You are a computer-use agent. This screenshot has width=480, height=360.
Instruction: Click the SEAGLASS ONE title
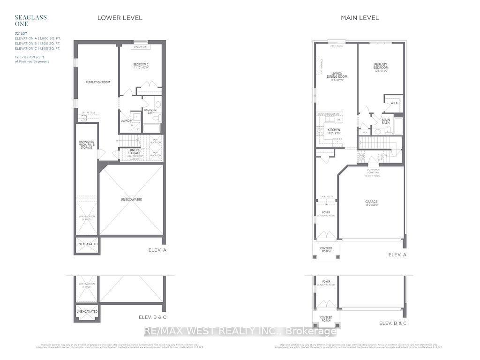[24, 21]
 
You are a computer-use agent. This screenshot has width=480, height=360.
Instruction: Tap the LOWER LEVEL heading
[120, 18]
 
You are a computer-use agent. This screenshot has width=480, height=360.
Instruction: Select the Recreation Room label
[97, 82]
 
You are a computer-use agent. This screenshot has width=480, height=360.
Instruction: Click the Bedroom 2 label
[141, 67]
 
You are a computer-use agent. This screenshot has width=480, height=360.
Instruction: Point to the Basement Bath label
[150, 111]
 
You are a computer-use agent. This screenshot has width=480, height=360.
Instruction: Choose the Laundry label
[127, 120]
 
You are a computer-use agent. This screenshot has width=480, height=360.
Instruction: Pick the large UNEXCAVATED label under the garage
[131, 200]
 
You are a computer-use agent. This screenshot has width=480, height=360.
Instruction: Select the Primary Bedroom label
[381, 67]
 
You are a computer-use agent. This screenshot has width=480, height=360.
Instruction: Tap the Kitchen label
[334, 131]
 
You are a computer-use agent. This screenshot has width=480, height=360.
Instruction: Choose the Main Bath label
[386, 121]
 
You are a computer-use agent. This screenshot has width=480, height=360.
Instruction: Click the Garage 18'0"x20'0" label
[371, 203]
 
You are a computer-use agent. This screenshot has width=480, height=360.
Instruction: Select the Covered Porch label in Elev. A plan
[326, 249]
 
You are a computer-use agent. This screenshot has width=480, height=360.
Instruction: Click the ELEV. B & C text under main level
[393, 323]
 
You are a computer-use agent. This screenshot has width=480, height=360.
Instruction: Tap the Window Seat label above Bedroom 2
[140, 47]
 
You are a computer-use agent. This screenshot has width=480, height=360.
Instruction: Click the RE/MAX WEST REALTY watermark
[240, 331]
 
